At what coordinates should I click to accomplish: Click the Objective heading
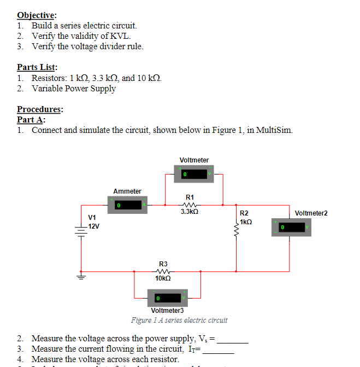[37, 15]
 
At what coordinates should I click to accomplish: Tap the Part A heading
[31, 120]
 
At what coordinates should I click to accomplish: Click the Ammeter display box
[127, 206]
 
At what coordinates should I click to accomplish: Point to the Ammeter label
[127, 191]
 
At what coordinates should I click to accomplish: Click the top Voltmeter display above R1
[194, 174]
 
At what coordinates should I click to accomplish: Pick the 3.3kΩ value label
[189, 211]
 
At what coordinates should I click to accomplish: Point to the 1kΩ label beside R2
[246, 223]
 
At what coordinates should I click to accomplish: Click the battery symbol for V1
[81, 233]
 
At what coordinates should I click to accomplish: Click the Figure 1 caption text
[179, 320]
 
